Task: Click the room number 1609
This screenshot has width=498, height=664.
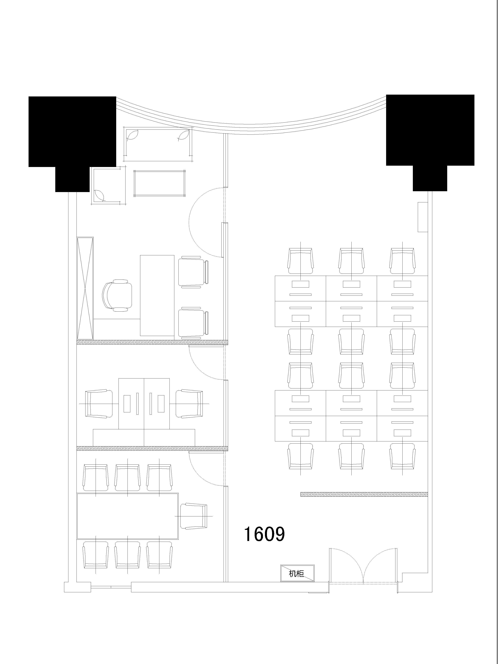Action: tap(264, 534)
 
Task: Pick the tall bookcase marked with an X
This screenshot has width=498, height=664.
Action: tap(85, 288)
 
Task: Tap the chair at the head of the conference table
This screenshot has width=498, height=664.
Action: tap(194, 516)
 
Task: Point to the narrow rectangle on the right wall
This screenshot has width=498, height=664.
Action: tap(423, 217)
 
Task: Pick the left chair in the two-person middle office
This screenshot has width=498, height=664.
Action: tap(99, 404)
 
